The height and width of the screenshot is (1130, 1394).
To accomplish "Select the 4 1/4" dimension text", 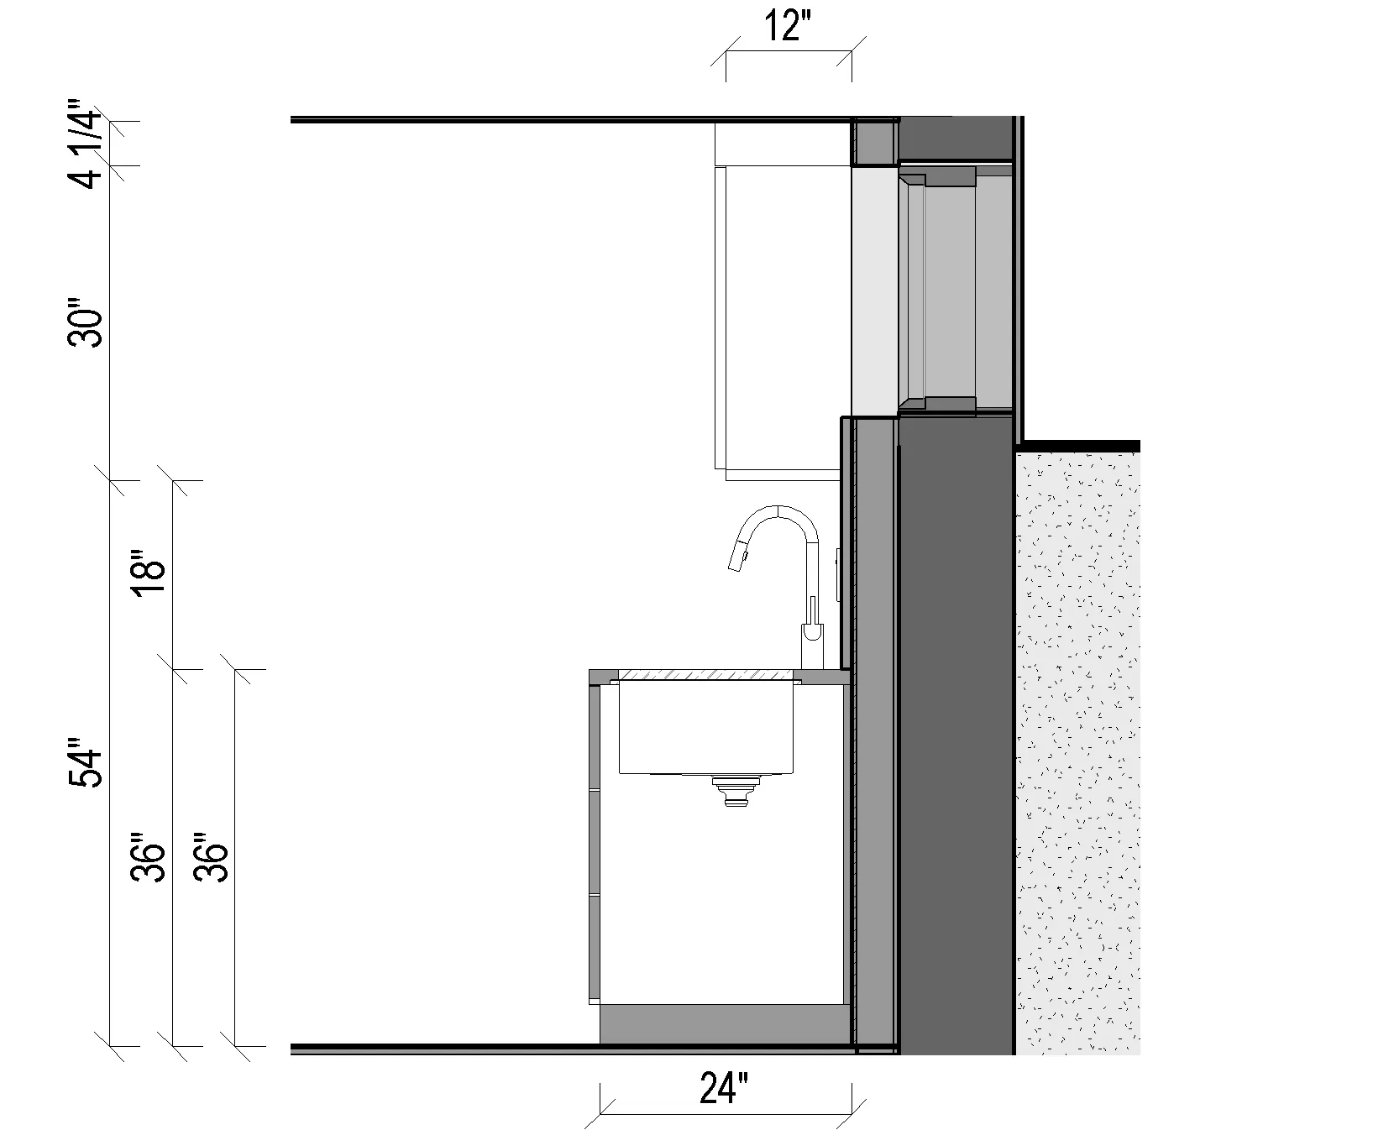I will click(86, 144).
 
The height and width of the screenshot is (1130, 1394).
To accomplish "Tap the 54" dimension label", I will click(86, 762).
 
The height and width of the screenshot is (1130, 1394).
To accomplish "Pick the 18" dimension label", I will click(149, 575).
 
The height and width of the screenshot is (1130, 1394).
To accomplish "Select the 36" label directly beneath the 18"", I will click(149, 857).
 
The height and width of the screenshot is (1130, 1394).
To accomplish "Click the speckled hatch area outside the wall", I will click(1077, 747).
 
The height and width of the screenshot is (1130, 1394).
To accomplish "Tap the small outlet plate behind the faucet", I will click(838, 574).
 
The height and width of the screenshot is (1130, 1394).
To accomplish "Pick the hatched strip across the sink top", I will click(705, 674).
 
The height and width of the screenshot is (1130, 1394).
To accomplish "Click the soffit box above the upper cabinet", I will click(781, 144).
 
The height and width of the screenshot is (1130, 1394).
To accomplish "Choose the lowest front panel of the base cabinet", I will click(595, 948).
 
